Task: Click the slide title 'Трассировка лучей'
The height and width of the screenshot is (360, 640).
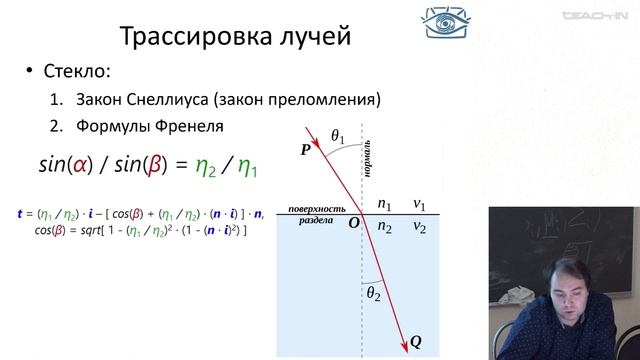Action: tap(236, 37)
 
